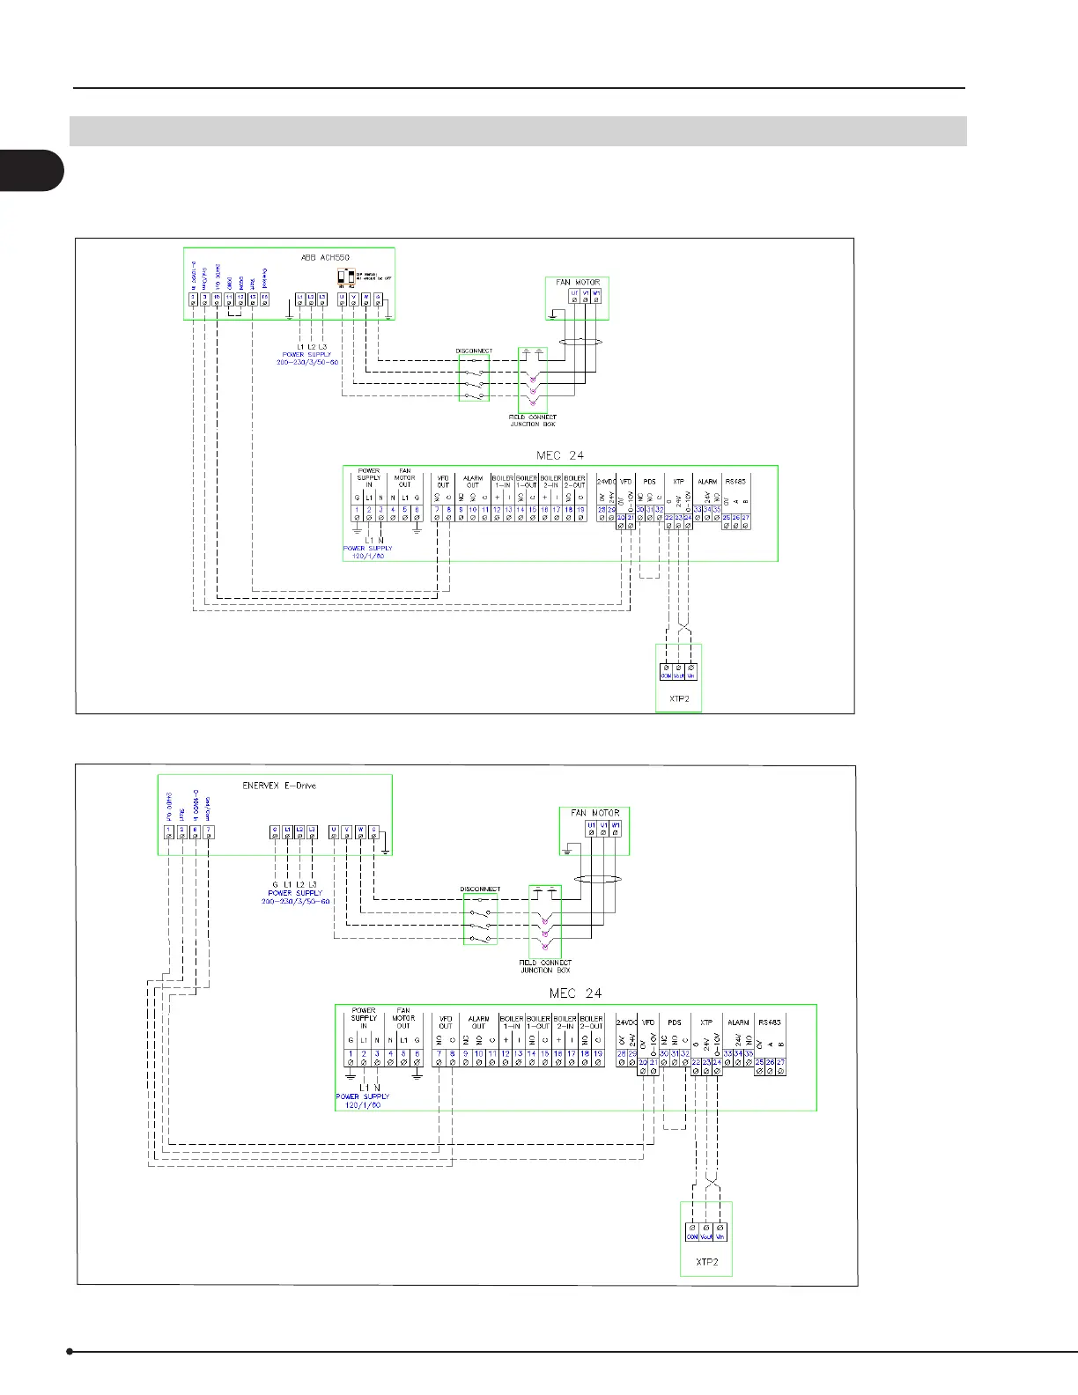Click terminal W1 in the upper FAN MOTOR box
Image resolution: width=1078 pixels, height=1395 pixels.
coord(596,293)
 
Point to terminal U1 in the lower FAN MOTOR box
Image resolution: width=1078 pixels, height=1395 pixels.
coord(592,826)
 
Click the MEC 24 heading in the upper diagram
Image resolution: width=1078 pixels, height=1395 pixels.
coord(560,455)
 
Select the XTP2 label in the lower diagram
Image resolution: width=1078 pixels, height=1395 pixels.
coord(706,1261)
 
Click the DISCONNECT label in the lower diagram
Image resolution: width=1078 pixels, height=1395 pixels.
coord(480,889)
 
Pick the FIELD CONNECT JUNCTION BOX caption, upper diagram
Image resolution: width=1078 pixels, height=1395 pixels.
coord(533,420)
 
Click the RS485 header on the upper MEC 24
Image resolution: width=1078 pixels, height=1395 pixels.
coord(735,482)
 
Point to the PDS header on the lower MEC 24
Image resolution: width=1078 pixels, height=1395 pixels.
coord(675,1022)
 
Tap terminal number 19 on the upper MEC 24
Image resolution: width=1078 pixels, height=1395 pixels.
coord(581,510)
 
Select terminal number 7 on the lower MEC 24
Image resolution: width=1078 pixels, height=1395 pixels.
coord(438,1053)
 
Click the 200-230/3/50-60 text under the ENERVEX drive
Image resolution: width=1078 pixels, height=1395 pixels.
coord(296,902)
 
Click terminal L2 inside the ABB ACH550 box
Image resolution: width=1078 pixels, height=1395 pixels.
coord(311,297)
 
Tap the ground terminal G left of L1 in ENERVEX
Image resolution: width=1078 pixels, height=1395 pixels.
coord(275,830)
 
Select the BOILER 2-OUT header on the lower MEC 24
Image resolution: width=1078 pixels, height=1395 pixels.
coord(592,1022)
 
